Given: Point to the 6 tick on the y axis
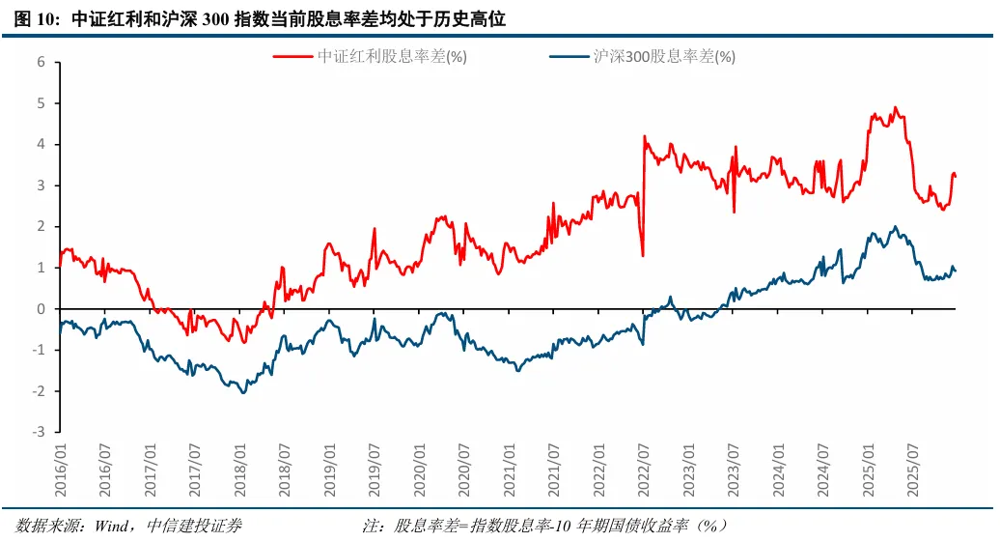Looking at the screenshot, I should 42,62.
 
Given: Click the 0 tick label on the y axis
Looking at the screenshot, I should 42,309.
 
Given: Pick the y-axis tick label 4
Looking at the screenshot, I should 42,144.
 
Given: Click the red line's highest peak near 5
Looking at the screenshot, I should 895,107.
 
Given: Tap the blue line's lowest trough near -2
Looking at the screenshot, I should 243,392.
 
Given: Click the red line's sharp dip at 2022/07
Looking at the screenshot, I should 643,256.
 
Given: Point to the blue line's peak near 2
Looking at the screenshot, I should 895,227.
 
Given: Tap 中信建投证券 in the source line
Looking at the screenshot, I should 194,526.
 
